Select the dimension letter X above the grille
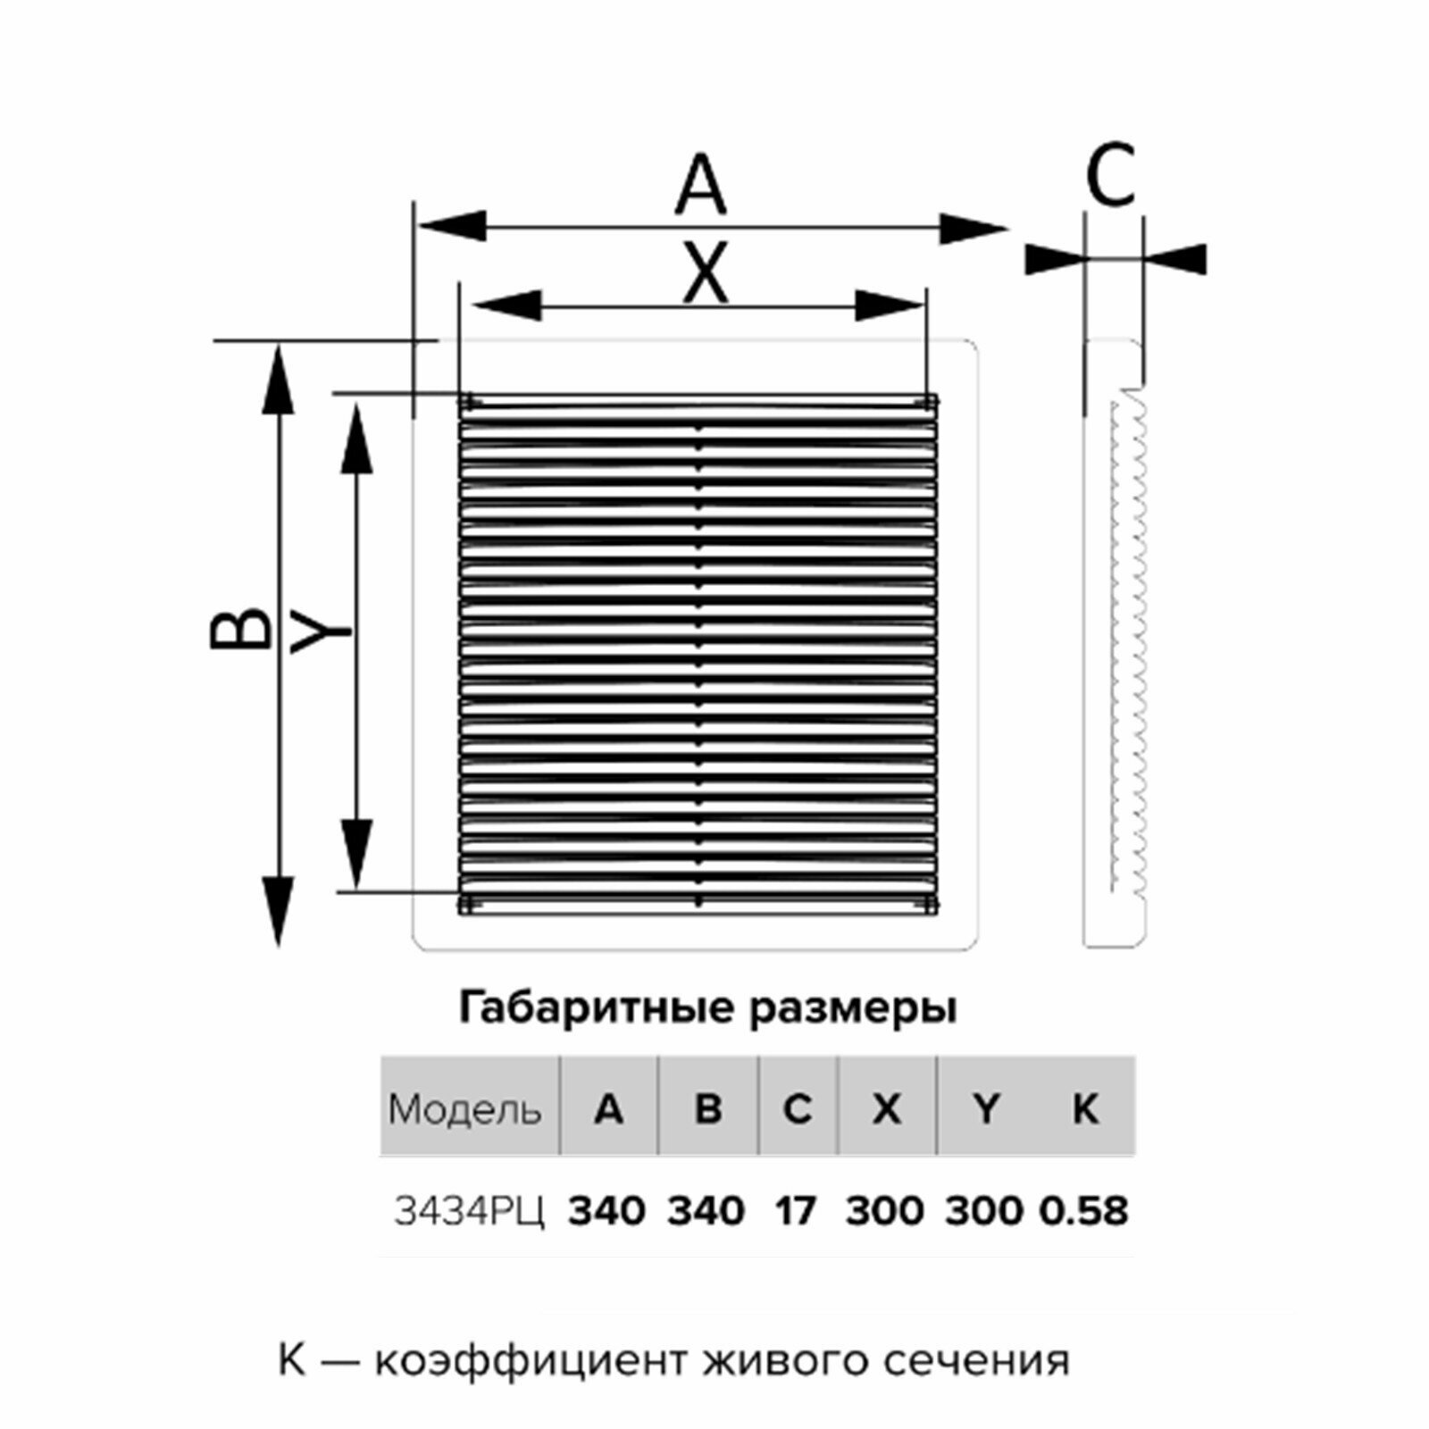[x=705, y=274]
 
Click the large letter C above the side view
[x=1110, y=175]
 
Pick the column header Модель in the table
[x=464, y=1110]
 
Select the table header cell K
[x=1084, y=1109]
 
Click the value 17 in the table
[x=796, y=1212]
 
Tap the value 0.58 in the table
[x=1084, y=1212]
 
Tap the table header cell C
[x=797, y=1109]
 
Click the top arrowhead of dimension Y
[x=357, y=438]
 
